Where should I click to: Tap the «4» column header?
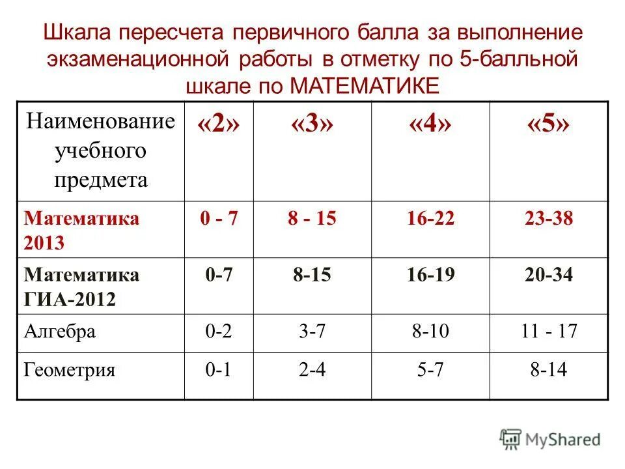click(430, 124)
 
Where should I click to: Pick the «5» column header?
click(548, 124)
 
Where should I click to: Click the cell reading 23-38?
click(549, 218)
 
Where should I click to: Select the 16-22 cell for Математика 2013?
click(430, 218)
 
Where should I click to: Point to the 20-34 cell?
click(548, 276)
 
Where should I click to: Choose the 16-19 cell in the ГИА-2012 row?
click(430, 276)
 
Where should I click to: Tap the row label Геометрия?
click(70, 371)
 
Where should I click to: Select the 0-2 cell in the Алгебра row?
click(219, 332)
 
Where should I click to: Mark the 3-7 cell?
click(312, 332)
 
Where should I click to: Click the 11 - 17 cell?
click(549, 332)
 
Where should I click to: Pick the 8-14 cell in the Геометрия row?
click(548, 371)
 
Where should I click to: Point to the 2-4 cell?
click(312, 371)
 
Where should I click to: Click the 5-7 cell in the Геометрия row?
click(430, 371)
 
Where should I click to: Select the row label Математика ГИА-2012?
click(81, 287)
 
